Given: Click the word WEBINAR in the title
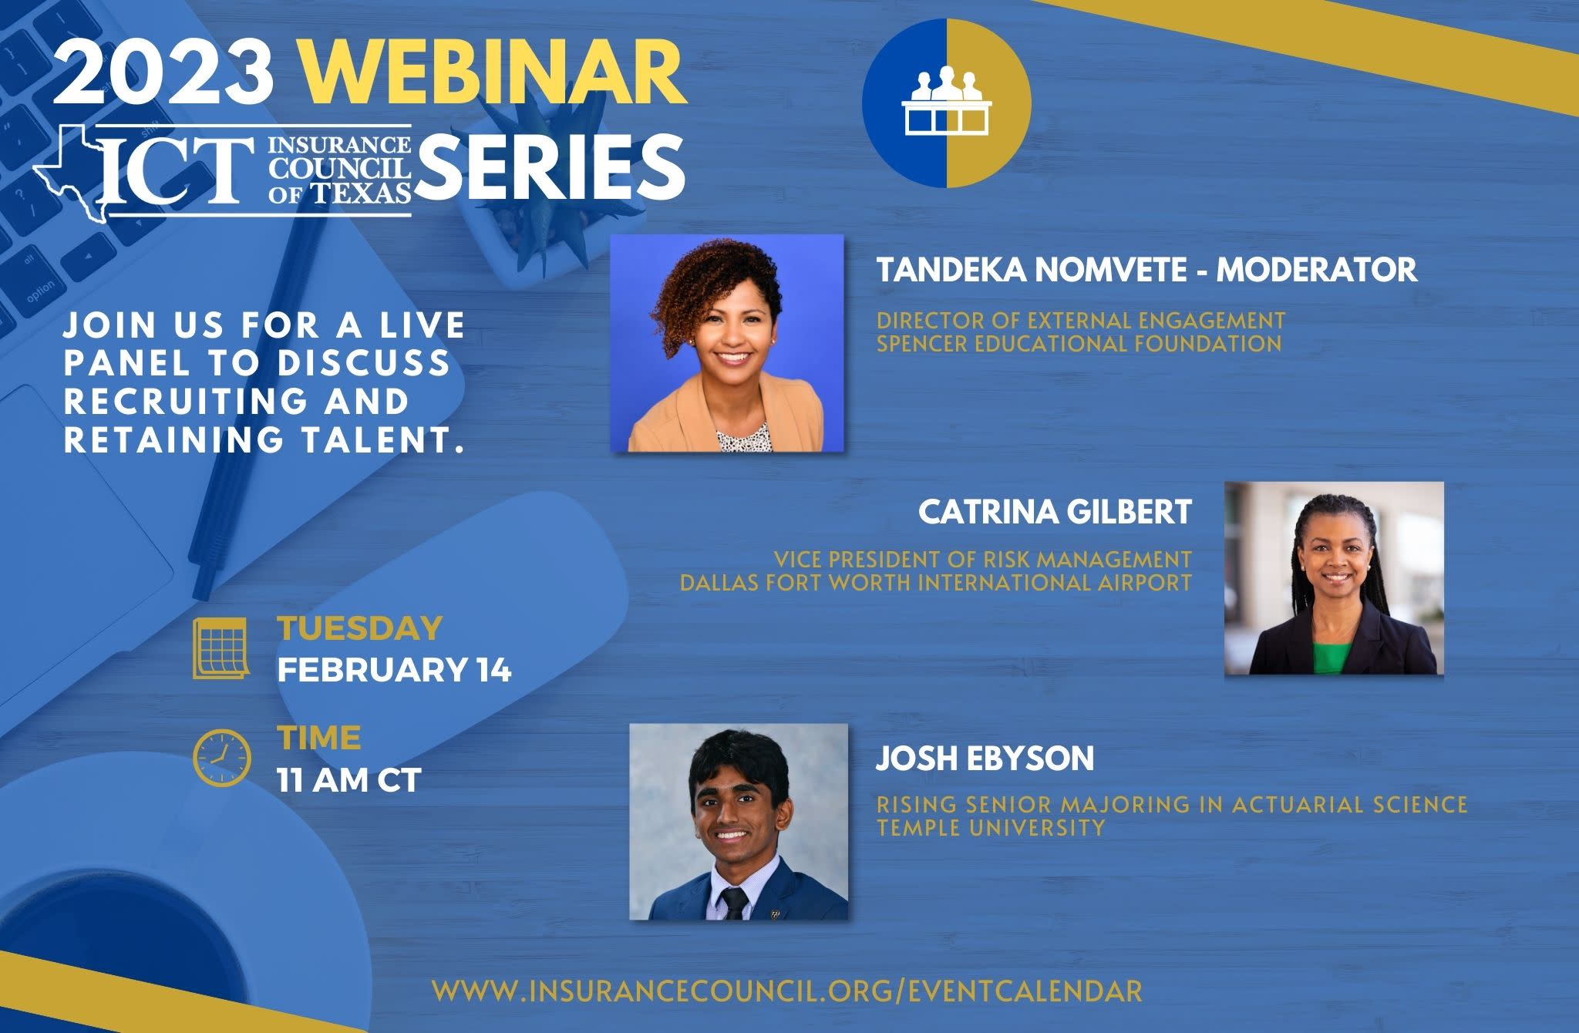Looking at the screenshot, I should (493, 72).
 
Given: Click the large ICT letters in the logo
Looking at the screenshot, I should (178, 169).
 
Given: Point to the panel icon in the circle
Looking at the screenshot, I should (945, 103).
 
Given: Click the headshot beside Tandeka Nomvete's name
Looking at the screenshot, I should (726, 343).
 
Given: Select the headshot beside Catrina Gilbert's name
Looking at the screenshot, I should (1334, 578).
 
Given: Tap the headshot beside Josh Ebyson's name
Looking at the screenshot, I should (739, 822).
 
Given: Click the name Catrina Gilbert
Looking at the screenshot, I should (1055, 513).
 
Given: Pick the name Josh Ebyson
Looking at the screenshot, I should (985, 759).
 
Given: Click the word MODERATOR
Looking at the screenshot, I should (1317, 270).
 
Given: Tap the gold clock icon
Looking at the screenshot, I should (221, 758).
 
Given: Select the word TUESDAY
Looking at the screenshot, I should (359, 628).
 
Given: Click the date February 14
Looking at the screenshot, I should (394, 669).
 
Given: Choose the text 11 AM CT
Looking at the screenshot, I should (348, 780).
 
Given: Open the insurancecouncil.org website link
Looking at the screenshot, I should (786, 991).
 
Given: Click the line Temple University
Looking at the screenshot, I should (990, 828).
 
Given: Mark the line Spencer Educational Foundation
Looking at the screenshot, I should (1079, 343).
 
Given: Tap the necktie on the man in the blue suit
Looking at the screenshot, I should (732, 903).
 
